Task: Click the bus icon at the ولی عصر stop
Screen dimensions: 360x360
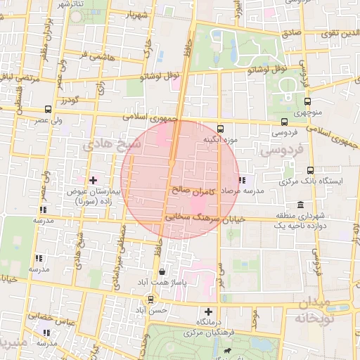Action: coord(48,109)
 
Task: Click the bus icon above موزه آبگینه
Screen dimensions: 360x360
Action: coord(221,129)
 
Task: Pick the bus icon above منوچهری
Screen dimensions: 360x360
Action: coord(296,101)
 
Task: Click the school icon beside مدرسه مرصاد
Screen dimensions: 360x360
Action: coord(243,180)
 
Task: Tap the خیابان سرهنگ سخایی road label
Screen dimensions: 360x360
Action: coord(203,219)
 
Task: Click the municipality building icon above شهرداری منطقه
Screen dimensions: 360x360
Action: coord(301,205)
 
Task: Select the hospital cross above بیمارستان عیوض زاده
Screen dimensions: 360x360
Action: coord(93,180)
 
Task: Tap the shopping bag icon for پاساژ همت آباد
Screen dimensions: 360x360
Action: coord(162,271)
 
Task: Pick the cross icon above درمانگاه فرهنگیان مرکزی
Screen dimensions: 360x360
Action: coord(208,311)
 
